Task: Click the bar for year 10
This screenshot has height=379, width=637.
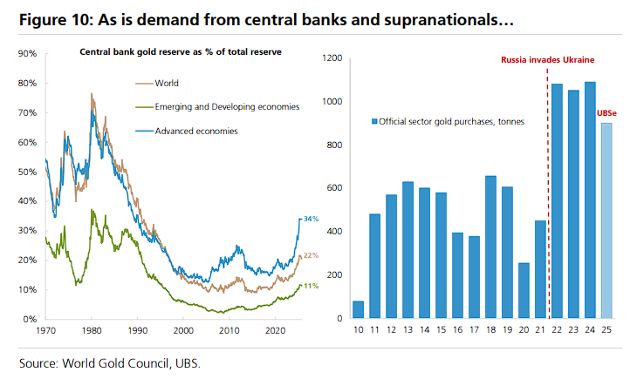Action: (359, 310)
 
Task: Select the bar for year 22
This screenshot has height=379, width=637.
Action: (556, 202)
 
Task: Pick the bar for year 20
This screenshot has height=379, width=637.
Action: (524, 291)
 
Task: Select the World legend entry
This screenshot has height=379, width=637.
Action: (166, 84)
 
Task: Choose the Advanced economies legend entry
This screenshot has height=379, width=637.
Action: (195, 131)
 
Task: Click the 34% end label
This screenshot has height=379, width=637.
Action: (311, 219)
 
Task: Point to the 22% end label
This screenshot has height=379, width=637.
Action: (311, 255)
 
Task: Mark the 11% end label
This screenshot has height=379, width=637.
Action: (311, 286)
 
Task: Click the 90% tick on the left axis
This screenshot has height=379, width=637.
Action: (26, 54)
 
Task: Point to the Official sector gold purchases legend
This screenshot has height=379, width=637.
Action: (449, 122)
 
